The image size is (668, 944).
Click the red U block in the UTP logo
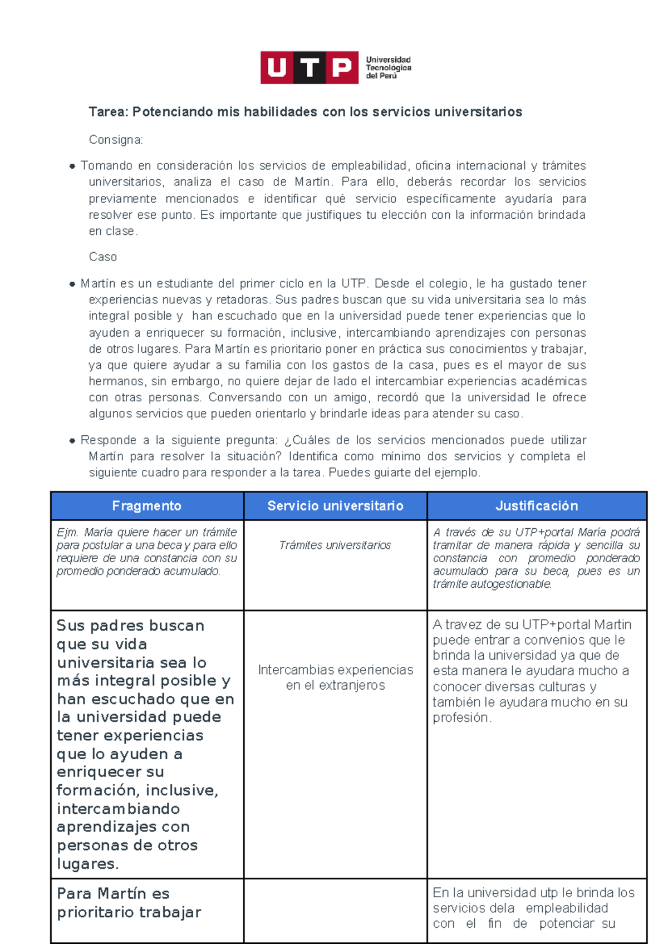(277, 68)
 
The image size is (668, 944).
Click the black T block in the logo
(310, 68)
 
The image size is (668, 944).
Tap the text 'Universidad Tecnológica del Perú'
(388, 68)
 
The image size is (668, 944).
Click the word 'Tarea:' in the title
(109, 112)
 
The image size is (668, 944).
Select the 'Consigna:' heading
(116, 140)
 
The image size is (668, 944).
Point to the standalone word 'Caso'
(103, 257)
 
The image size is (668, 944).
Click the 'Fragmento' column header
(147, 506)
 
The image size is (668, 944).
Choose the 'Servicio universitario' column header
(335, 506)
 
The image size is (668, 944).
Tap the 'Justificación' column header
(537, 506)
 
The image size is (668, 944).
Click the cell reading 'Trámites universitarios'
(335, 545)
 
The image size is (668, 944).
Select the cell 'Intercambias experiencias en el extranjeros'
(335, 677)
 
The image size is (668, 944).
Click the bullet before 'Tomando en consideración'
(72, 166)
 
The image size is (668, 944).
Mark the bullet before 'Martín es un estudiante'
(72, 284)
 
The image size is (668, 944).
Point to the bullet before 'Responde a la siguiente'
(72, 440)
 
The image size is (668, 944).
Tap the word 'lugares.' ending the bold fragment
(88, 864)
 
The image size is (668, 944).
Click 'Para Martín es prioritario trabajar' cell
(129, 903)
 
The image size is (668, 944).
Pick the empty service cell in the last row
(335, 911)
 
